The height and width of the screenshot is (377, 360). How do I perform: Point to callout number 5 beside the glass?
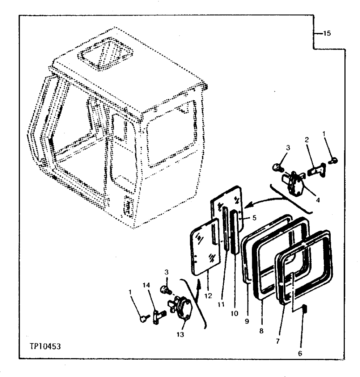point(254,218)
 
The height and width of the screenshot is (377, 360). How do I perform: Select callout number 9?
point(246,321)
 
